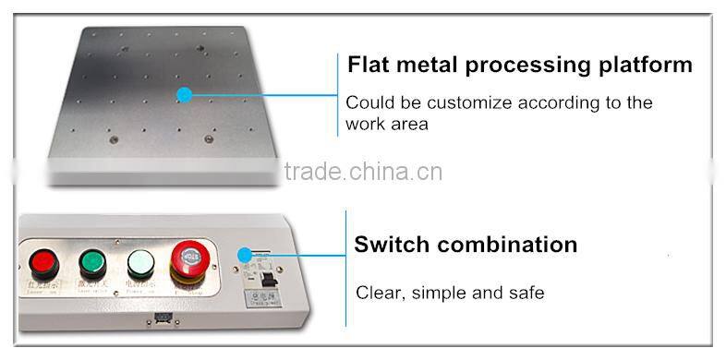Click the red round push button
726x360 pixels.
43,262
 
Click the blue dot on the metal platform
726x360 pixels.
184,94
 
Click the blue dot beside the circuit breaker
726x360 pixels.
244,255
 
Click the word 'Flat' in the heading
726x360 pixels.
368,65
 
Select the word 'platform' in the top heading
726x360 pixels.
644,65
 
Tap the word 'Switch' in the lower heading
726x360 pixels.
392,245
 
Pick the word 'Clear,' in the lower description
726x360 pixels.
380,293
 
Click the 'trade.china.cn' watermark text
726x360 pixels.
363,172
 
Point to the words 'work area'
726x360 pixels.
387,124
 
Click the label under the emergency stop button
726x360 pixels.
188,290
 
